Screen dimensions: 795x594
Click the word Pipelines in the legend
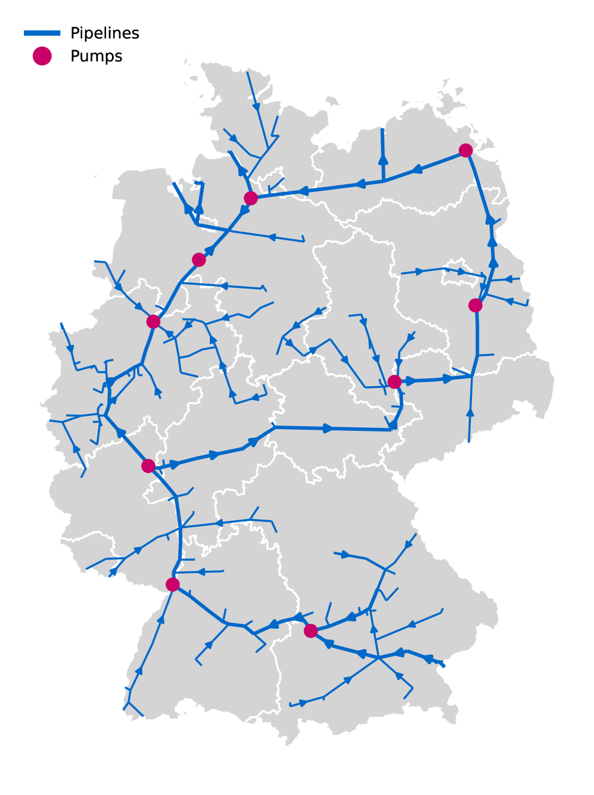coord(104,33)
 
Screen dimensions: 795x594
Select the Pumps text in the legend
coord(96,56)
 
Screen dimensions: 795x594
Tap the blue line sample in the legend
coord(42,33)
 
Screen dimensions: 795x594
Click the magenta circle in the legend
coord(42,56)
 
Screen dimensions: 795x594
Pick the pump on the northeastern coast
coord(466,150)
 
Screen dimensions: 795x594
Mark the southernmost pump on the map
coord(310,631)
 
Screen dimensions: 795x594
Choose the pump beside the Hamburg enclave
coord(251,198)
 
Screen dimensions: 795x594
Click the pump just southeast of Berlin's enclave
coord(475,306)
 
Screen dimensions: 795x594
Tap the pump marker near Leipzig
coord(394,381)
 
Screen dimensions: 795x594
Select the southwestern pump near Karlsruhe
coord(173,585)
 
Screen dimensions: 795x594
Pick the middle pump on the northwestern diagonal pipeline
coord(199,260)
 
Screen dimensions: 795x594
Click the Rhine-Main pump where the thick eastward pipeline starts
coord(148,466)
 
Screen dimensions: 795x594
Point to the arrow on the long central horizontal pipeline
coord(328,428)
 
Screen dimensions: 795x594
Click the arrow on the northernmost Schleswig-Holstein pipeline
coord(256,107)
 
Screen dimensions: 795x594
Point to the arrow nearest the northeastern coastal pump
coord(418,169)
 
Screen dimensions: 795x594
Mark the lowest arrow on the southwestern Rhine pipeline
coord(139,670)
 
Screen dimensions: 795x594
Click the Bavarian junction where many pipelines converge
coord(378,658)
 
